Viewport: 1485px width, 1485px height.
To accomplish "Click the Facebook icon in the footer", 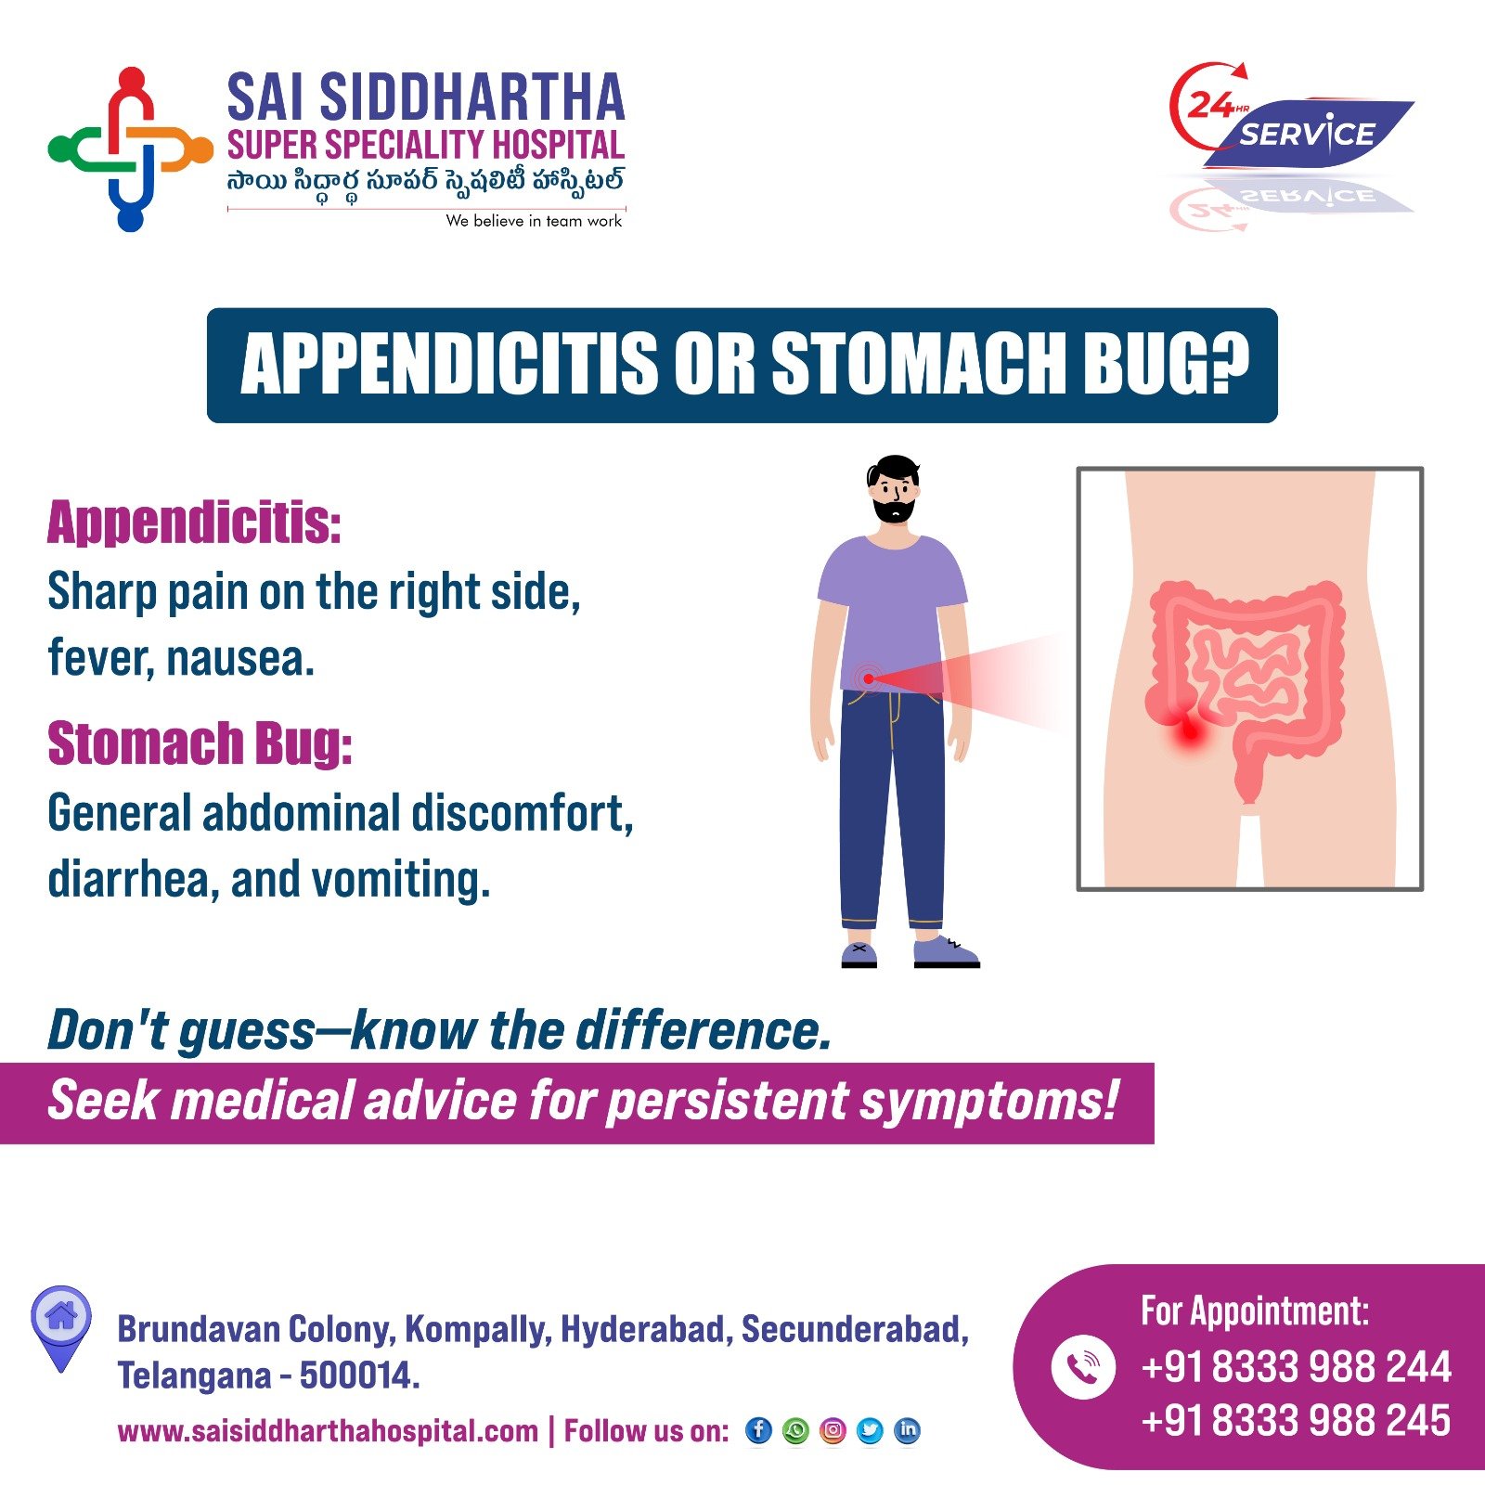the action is (x=758, y=1430).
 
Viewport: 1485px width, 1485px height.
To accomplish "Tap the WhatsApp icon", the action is (x=795, y=1430).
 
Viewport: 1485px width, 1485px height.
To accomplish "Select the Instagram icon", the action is (x=833, y=1430).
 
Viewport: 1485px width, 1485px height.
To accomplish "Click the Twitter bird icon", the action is (x=871, y=1430).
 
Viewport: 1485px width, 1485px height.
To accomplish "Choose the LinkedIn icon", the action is (x=908, y=1430).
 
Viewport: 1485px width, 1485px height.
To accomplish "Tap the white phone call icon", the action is (x=1083, y=1366).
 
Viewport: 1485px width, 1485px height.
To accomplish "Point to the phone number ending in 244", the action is (x=1297, y=1367).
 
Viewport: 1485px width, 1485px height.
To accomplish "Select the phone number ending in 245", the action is (x=1297, y=1421).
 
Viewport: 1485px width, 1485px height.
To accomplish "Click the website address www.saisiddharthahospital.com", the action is (x=328, y=1431).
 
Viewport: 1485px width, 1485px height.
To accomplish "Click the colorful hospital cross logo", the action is (x=131, y=148).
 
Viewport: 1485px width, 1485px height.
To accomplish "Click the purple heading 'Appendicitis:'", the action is (x=194, y=523).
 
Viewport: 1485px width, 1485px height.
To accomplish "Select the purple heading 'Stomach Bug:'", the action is (x=200, y=743).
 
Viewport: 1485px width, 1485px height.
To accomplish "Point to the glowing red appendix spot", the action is (x=1189, y=731).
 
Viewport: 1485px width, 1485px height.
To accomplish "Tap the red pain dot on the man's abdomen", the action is (x=868, y=678).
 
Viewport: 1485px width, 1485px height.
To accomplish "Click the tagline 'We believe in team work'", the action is (x=534, y=221).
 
